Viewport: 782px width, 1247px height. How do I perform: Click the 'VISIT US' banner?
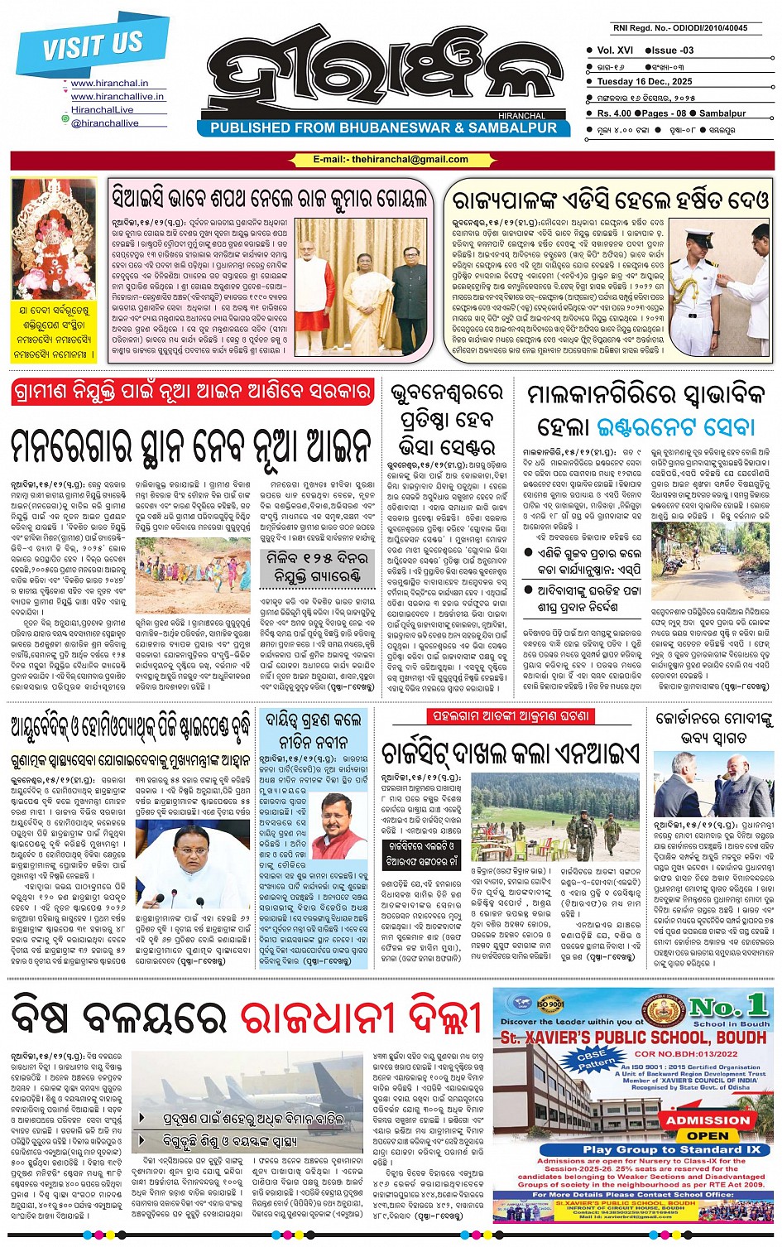(x=91, y=46)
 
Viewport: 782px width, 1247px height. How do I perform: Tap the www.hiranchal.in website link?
(x=109, y=84)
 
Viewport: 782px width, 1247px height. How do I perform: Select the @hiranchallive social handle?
(x=104, y=123)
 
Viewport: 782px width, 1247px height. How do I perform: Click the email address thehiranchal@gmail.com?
(x=391, y=160)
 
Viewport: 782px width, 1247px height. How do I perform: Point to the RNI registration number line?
(x=679, y=28)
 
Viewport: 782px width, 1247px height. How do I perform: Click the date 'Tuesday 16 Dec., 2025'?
(x=645, y=82)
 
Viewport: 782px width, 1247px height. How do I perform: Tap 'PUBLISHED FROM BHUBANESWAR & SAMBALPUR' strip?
(x=384, y=128)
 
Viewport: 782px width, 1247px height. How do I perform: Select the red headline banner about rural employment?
(x=191, y=392)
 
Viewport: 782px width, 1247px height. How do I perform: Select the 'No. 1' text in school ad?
(x=728, y=1006)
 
